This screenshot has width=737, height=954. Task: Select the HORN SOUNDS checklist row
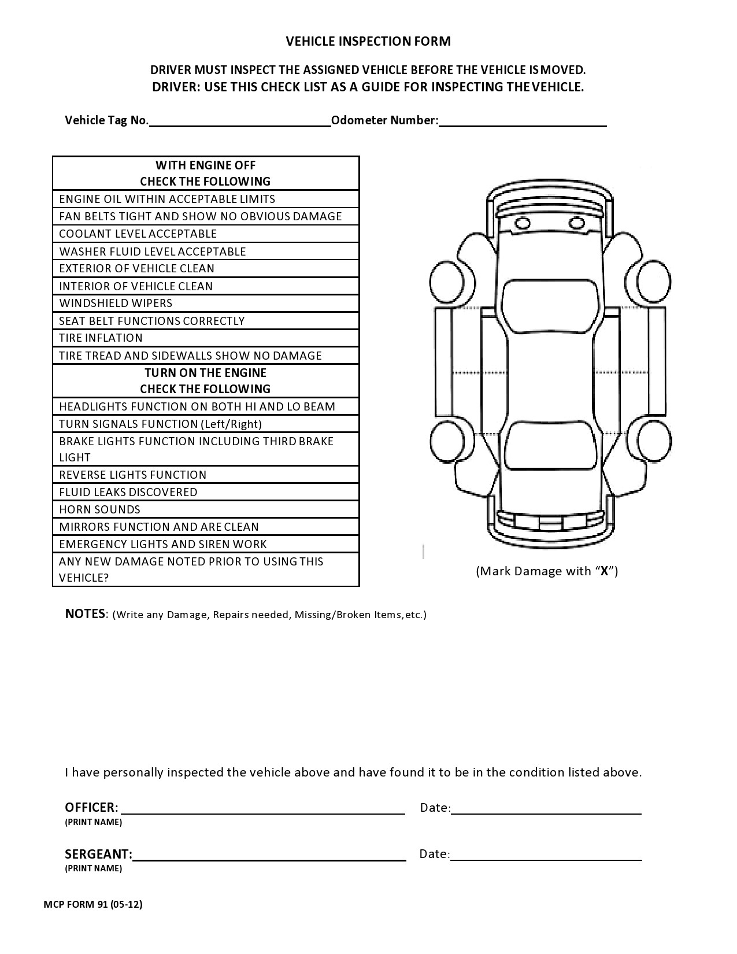206,509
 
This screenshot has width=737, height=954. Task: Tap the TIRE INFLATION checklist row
206,338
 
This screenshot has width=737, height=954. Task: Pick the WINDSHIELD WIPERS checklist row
206,304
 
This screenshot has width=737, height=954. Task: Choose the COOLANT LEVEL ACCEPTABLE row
206,234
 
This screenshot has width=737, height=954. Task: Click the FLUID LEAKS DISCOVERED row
206,492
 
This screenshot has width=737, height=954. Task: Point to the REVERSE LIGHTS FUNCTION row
206,475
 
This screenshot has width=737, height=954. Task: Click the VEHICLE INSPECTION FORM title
368,41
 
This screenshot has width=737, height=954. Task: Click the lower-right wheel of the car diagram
654,441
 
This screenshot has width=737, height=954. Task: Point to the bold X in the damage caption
604,571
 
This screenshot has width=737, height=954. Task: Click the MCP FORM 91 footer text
93,904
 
